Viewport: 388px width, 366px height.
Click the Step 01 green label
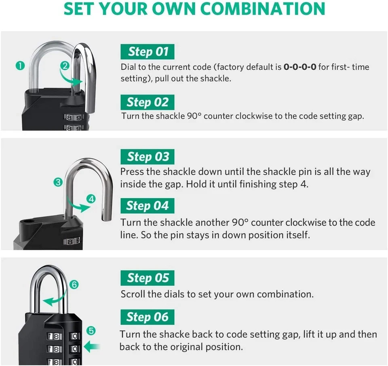pyautogui.click(x=148, y=52)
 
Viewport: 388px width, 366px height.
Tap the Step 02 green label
pyautogui.click(x=148, y=102)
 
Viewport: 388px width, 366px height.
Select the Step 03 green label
pyautogui.click(x=148, y=157)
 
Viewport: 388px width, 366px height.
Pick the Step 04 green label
pyautogui.click(x=148, y=206)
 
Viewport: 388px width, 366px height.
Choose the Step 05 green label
pyautogui.click(x=148, y=278)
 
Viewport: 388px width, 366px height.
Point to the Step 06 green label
pyautogui.click(x=148, y=317)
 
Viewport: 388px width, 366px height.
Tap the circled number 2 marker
pyautogui.click(x=64, y=65)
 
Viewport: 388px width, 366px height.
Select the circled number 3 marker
pyautogui.click(x=58, y=182)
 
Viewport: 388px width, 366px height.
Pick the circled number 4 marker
pyautogui.click(x=91, y=199)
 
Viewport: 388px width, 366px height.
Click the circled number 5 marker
pyautogui.click(x=91, y=331)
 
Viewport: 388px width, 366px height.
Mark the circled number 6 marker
pyautogui.click(x=74, y=284)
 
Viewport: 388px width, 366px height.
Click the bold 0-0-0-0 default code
pyautogui.click(x=299, y=67)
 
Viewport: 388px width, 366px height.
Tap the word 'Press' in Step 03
pyautogui.click(x=132, y=171)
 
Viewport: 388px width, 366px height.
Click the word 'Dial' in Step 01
pyautogui.click(x=129, y=67)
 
